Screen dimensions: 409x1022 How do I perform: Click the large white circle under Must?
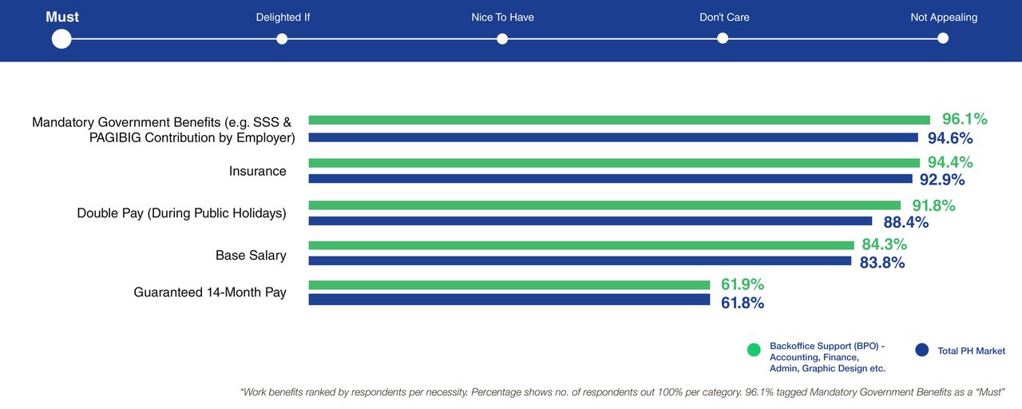click(61, 38)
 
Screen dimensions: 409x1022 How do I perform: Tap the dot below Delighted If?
click(282, 38)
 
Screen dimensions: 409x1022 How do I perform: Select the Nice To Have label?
click(502, 17)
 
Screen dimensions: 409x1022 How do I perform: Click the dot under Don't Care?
click(723, 38)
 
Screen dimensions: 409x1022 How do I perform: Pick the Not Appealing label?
click(944, 17)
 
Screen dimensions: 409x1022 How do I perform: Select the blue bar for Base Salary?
click(580, 260)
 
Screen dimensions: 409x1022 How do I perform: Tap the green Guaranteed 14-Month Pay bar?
click(509, 284)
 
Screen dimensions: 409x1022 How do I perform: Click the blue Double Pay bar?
click(590, 220)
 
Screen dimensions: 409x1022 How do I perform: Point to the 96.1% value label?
click(965, 119)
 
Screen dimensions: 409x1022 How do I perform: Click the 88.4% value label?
click(906, 222)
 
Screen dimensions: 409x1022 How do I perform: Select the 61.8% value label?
click(743, 303)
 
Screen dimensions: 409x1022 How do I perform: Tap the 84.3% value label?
click(885, 244)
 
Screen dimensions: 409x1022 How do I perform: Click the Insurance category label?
click(257, 171)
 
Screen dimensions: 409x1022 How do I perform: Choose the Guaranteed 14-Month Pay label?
click(210, 292)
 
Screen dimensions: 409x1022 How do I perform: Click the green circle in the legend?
click(754, 350)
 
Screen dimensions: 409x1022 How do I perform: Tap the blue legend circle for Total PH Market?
click(922, 350)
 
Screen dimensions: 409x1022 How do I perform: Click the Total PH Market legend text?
click(971, 351)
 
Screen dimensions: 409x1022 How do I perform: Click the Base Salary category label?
click(251, 256)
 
